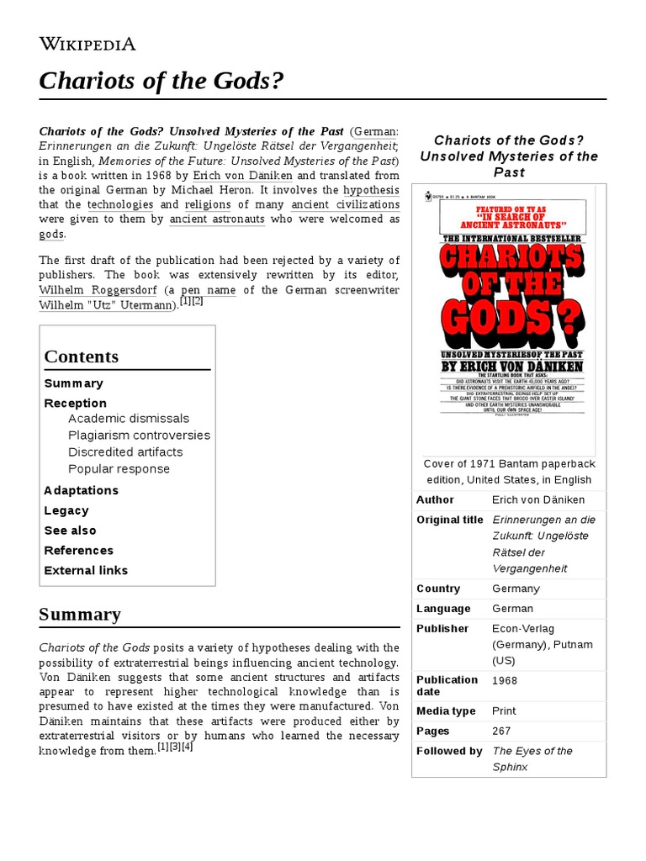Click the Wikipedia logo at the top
click(x=87, y=45)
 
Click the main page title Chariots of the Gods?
click(x=161, y=82)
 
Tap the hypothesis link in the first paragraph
click(x=371, y=190)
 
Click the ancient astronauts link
click(x=217, y=219)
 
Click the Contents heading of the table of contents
click(x=82, y=357)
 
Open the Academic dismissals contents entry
click(x=129, y=419)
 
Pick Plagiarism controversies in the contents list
click(x=139, y=436)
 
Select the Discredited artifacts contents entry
click(x=125, y=452)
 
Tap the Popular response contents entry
click(x=119, y=469)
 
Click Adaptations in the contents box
click(x=81, y=490)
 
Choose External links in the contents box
click(x=86, y=570)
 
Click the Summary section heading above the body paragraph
click(x=80, y=615)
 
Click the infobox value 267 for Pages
click(x=501, y=732)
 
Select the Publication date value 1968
click(x=505, y=680)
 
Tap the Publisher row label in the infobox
click(x=442, y=628)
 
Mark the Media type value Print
click(x=505, y=711)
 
